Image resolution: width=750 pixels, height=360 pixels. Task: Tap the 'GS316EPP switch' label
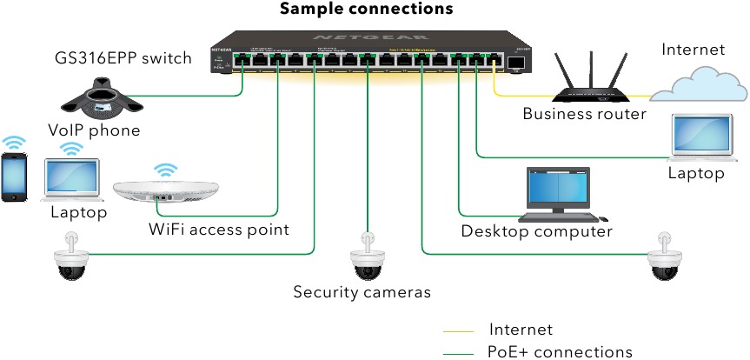click(x=123, y=59)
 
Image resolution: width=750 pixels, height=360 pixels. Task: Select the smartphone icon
click(x=14, y=178)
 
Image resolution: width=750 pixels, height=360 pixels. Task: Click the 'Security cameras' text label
click(x=362, y=292)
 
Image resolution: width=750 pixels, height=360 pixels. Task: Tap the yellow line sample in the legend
click(x=458, y=331)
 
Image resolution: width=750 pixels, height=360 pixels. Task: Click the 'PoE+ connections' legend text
click(x=561, y=352)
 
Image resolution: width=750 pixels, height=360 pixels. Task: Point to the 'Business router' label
click(x=584, y=114)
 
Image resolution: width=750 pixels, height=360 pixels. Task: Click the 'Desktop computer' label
click(x=536, y=231)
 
